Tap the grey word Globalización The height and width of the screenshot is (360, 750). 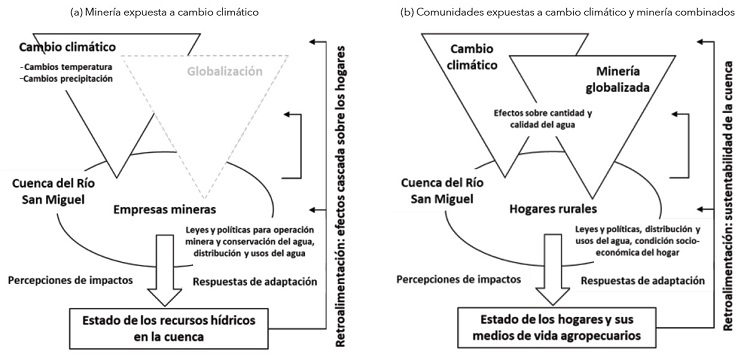pos(220,73)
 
